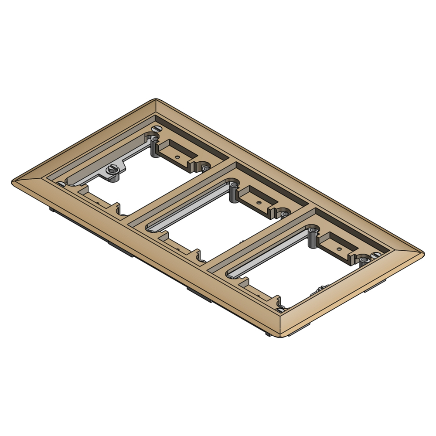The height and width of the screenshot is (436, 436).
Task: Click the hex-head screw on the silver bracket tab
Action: [112, 170]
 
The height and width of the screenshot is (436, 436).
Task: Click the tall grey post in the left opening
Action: [153, 147]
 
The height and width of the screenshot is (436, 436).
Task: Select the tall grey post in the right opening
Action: [313, 238]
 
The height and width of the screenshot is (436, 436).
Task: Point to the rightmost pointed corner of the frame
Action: [423, 252]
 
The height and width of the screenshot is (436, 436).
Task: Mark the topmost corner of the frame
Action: [156, 99]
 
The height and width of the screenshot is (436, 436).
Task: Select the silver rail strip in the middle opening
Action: [187, 205]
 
